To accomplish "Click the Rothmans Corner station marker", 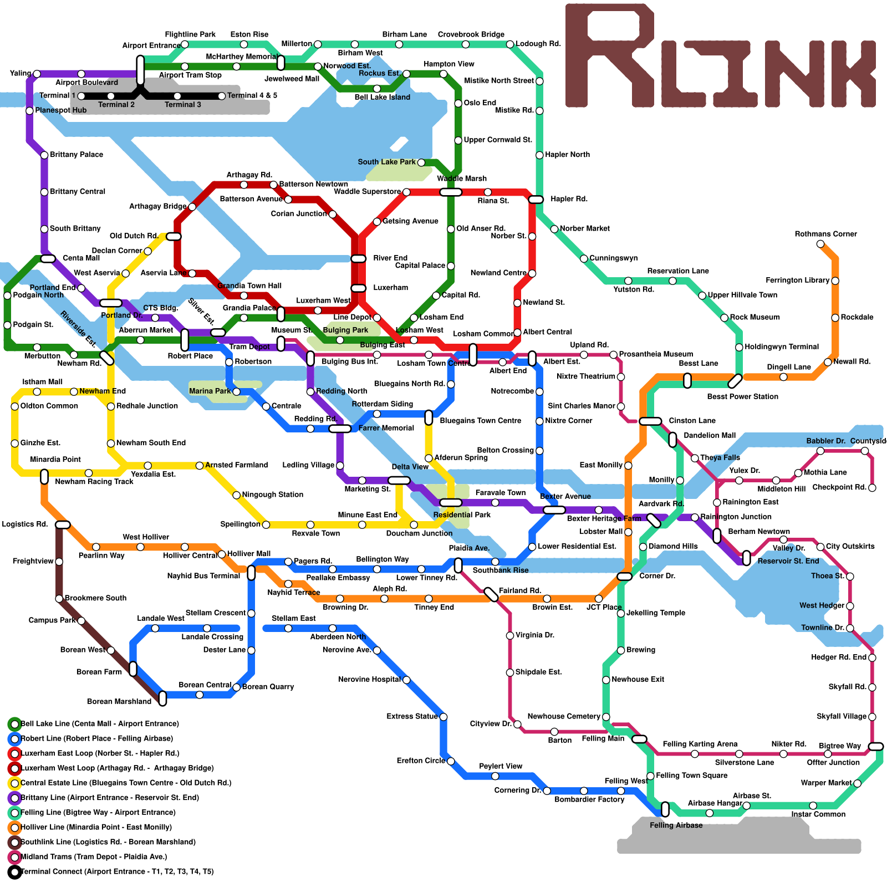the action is [x=820, y=244].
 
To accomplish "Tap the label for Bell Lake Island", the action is [x=383, y=97].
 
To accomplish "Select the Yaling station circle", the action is [x=37, y=74].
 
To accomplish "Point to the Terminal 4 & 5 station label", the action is [x=252, y=95].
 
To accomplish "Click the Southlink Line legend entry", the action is [x=108, y=842].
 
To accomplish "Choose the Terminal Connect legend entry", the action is [x=117, y=871].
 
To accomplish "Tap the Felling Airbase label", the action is [x=676, y=825].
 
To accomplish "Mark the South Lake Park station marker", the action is [x=421, y=162].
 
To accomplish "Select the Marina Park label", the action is [x=210, y=391].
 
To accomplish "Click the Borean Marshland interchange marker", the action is [x=162, y=699].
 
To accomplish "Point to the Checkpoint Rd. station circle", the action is [x=872, y=488].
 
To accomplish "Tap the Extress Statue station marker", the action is [x=443, y=717].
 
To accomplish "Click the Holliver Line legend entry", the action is [x=96, y=827].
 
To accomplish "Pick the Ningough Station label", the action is [x=273, y=495].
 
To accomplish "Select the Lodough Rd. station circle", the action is [x=510, y=44].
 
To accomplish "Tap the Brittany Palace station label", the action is [x=77, y=155].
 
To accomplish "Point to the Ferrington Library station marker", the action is [x=835, y=281].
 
